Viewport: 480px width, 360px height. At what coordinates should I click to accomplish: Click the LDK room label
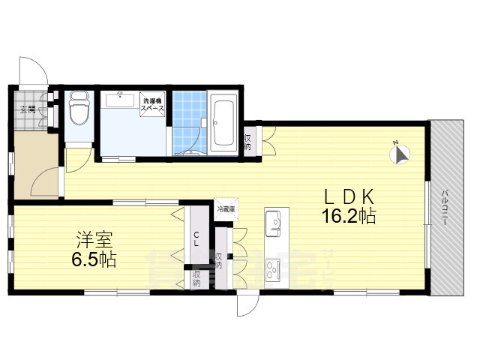(x=349, y=197)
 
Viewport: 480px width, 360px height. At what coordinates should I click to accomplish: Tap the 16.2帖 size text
(x=349, y=217)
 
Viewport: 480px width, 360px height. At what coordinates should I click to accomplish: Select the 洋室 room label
(x=94, y=241)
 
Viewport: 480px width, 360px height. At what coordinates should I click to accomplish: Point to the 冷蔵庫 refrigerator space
(x=225, y=208)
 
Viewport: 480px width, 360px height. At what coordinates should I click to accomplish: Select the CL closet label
(x=196, y=240)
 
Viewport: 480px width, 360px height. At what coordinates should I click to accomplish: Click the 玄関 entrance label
(x=27, y=109)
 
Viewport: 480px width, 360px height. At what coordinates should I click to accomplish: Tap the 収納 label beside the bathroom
(x=247, y=142)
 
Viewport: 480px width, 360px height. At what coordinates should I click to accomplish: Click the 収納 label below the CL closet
(x=196, y=279)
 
